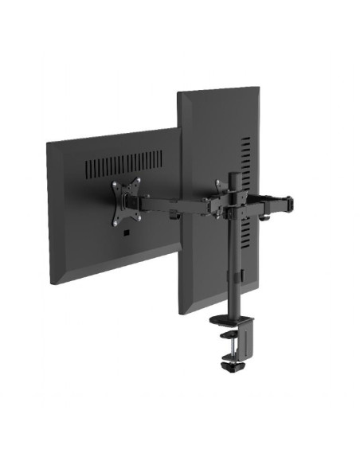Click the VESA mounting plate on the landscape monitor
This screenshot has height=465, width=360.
point(125,199)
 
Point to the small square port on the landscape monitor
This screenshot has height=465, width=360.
point(126,232)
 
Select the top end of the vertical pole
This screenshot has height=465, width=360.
point(236,175)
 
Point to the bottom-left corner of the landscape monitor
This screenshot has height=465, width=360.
point(53,283)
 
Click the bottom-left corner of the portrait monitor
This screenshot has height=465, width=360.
point(182,312)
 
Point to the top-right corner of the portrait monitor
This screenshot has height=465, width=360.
point(257,88)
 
